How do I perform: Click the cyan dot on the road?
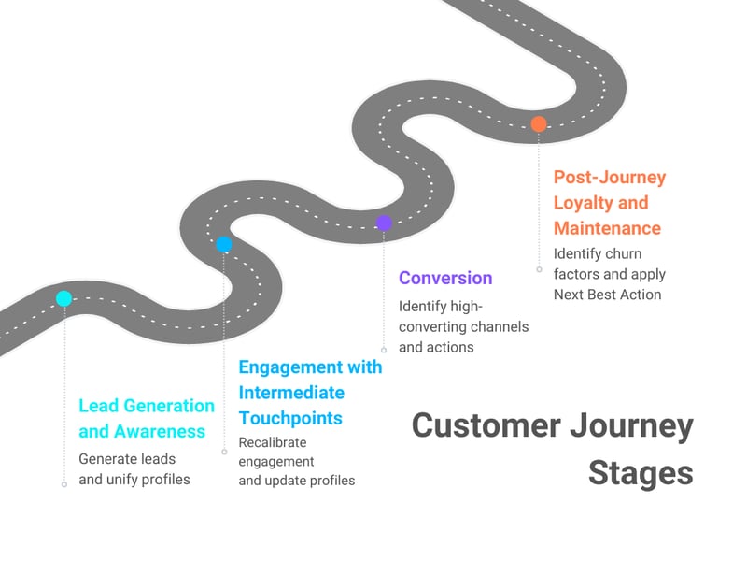click(63, 299)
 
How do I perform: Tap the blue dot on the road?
click(224, 245)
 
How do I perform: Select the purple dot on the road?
click(384, 223)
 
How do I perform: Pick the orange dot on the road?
click(539, 123)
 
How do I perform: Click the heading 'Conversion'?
click(445, 278)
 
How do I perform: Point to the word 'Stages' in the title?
click(641, 472)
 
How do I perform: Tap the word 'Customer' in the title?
click(486, 425)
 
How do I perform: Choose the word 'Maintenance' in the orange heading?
click(607, 227)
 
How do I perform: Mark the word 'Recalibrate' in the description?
click(273, 442)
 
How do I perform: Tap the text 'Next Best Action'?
click(607, 295)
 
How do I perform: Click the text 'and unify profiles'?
click(134, 479)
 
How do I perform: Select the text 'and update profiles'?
click(297, 481)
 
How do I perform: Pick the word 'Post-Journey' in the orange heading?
click(610, 177)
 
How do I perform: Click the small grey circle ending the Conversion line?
click(384, 350)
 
